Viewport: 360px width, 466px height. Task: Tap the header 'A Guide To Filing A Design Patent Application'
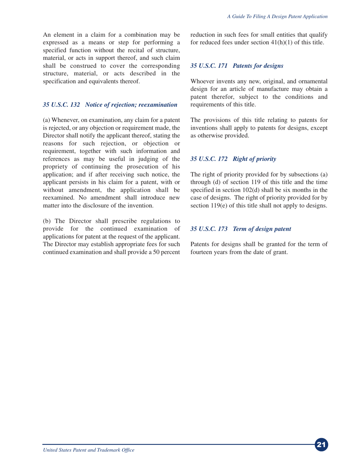[x=277, y=17]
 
